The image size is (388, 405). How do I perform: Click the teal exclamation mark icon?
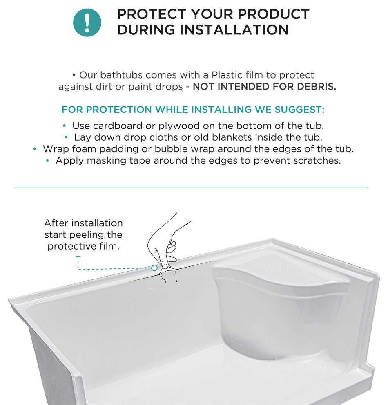[87, 22]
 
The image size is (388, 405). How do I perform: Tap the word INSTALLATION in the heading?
[234, 29]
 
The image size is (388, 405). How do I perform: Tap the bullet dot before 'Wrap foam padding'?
[35, 149]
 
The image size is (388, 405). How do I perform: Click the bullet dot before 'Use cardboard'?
[65, 126]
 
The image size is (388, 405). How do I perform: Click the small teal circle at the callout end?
[154, 268]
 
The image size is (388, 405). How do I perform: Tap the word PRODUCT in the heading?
[274, 14]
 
